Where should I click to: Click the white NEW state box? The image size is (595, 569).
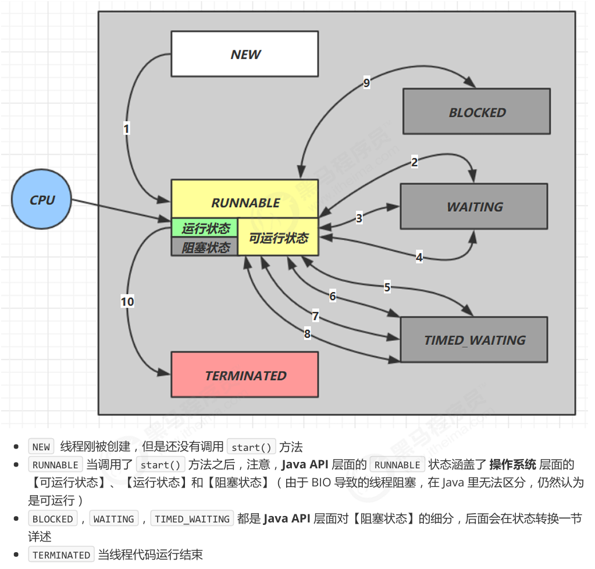244,54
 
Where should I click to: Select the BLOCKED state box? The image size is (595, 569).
476,112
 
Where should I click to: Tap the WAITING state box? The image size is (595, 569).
473,207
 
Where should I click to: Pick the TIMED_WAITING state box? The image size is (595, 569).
473,340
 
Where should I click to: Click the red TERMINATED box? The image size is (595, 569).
244,375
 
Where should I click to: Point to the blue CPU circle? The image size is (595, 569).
42,200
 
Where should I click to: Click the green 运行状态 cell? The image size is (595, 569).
205,228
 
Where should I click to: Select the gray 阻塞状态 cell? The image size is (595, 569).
205,247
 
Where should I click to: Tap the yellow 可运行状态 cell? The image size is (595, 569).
279,238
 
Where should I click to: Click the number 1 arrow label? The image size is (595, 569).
126,129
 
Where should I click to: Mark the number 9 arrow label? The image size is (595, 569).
366,83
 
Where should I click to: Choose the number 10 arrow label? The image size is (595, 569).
127,301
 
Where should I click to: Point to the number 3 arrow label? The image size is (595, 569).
359,218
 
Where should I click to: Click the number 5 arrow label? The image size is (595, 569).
387,286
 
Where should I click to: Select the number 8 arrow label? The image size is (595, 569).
307,333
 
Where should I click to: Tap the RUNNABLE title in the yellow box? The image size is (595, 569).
245,202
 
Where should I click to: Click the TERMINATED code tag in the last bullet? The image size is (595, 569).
61,555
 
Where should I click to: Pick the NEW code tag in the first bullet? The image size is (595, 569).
41,447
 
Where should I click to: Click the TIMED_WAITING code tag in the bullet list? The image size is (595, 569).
192,519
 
